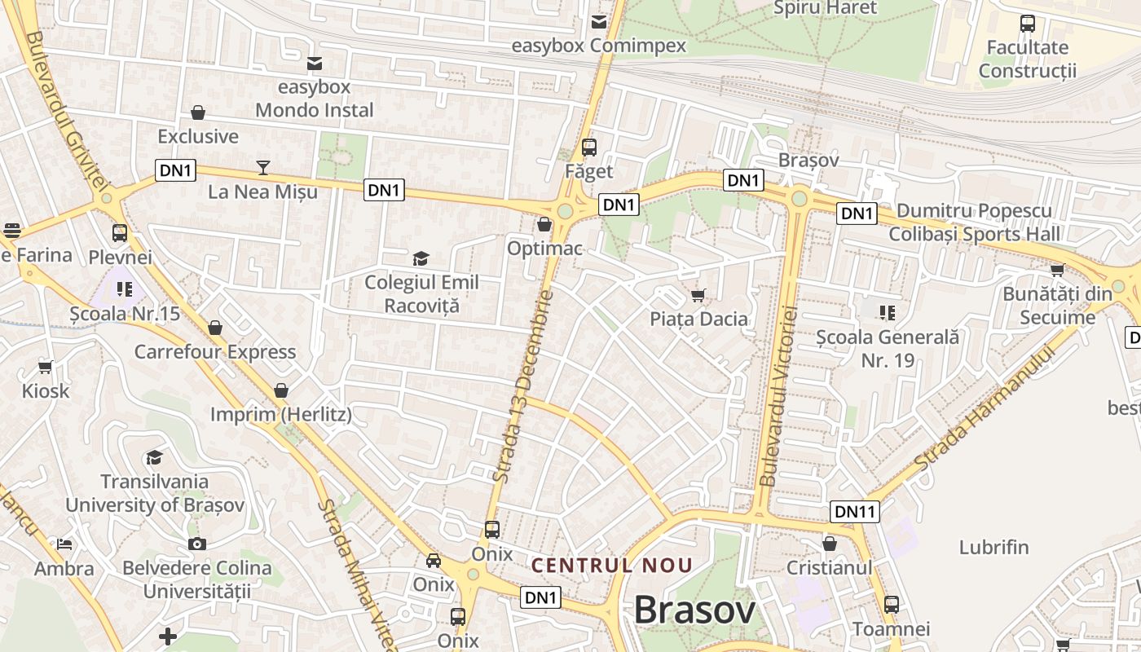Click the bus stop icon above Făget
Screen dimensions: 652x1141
589,148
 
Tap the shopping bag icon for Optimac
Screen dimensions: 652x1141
544,224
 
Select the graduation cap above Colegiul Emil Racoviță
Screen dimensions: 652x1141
421,259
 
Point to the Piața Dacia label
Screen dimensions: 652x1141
698,319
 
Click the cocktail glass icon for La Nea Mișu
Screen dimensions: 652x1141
262,168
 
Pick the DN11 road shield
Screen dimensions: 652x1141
855,511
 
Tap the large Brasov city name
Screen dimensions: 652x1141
694,610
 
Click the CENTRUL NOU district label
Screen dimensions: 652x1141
612,565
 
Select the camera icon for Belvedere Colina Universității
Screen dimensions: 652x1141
196,544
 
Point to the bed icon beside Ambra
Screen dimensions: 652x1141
64,544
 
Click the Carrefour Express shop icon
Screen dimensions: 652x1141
215,328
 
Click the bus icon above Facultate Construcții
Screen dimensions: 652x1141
1027,24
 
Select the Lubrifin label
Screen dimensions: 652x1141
993,547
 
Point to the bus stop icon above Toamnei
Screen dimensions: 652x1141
892,605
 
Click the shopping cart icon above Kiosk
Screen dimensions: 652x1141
46,367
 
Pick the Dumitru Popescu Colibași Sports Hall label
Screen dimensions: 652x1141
974,222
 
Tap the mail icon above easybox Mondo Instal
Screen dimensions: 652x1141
314,63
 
